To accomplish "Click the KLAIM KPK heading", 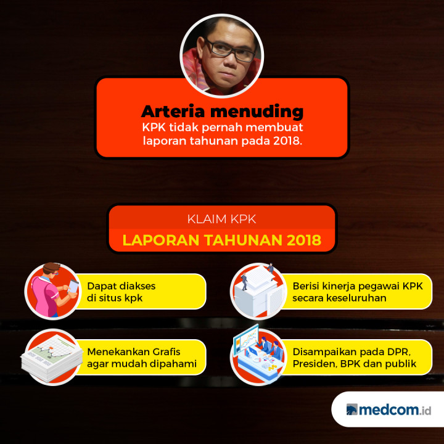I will [221, 219].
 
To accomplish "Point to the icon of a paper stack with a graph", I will [52, 357].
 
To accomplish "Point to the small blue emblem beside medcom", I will [351, 409].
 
